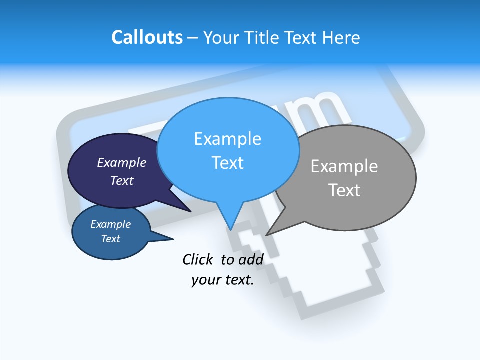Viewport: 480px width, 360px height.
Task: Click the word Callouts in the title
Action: tap(147, 37)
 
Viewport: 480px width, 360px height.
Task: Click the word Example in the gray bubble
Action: tap(344, 166)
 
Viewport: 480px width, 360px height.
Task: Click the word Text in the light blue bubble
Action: tap(228, 163)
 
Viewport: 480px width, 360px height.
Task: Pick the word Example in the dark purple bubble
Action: tap(122, 163)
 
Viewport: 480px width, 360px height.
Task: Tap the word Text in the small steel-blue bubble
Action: tap(111, 239)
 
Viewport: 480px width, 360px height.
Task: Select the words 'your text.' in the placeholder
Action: tap(223, 280)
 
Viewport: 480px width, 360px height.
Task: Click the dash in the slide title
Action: tap(193, 38)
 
